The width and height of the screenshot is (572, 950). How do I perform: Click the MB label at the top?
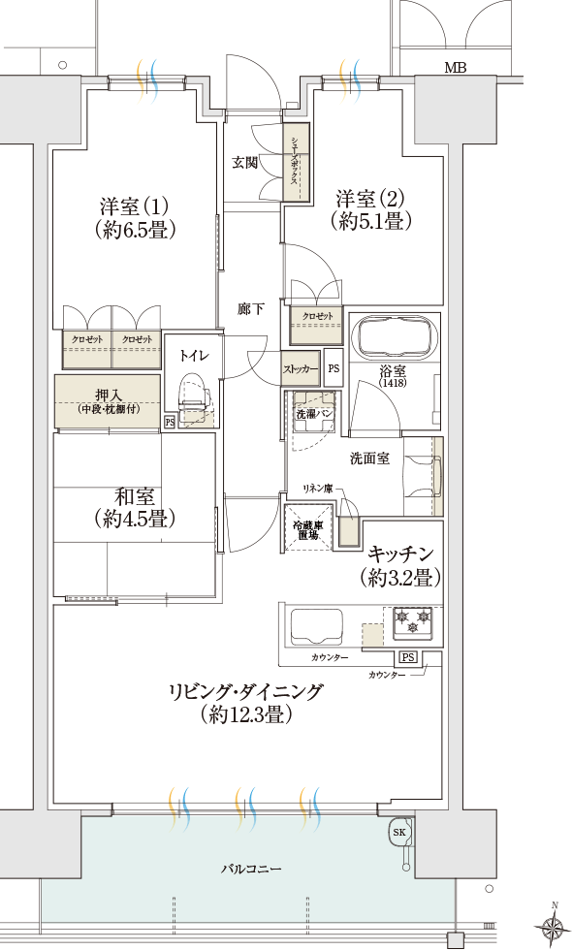tap(455, 68)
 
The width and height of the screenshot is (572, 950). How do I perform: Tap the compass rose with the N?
tap(551, 927)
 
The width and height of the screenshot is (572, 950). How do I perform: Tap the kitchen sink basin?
tap(317, 628)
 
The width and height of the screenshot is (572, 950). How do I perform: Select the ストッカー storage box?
tap(301, 367)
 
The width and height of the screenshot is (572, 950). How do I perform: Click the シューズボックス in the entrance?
tap(297, 162)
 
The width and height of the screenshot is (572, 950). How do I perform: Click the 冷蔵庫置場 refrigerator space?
tap(306, 529)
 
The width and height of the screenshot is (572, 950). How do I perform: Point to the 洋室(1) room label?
tap(134, 206)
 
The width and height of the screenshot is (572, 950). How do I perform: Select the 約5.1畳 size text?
tap(370, 221)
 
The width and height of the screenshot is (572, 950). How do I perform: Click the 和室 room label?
tap(135, 497)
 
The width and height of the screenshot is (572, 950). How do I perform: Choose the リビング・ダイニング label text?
tap(245, 691)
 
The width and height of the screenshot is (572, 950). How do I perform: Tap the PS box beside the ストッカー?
tap(334, 368)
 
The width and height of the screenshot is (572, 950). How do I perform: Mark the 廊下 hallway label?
tap(250, 309)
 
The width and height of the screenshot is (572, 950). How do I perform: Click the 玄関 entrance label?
tap(244, 163)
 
